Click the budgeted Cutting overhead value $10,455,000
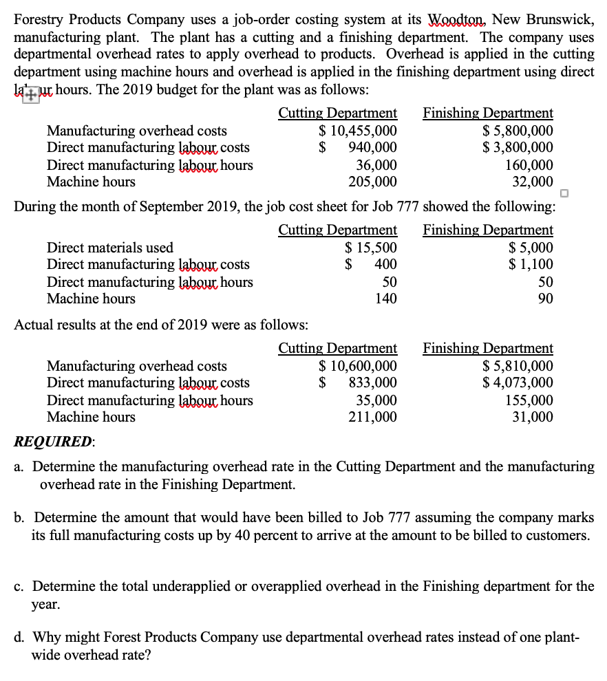(x=357, y=131)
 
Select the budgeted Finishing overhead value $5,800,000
(x=518, y=131)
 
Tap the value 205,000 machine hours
(x=376, y=182)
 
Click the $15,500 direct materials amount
(x=370, y=248)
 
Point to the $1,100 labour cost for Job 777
(x=531, y=265)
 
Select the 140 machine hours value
(x=386, y=299)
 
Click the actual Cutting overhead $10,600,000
(x=357, y=366)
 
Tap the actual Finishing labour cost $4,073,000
(x=518, y=383)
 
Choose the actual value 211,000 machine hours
(x=376, y=417)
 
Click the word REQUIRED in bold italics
(x=52, y=442)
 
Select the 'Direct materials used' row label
(x=109, y=248)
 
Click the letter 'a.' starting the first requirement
(x=21, y=467)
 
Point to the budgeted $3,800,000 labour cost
(x=518, y=148)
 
